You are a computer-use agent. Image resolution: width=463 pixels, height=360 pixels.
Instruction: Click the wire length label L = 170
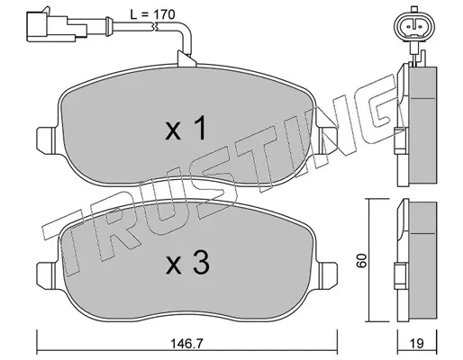point(152,14)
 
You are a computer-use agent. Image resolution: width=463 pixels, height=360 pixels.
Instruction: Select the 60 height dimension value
point(362,260)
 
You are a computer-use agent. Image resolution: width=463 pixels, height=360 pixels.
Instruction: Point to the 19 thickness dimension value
point(417,343)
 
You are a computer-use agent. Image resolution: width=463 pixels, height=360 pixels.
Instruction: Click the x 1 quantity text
point(186,129)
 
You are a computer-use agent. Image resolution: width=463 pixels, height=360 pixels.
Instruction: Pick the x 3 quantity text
point(187,263)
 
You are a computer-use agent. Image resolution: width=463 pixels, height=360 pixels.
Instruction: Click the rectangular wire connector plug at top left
point(57,25)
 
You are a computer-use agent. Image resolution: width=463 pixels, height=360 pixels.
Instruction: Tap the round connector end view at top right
point(414,27)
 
